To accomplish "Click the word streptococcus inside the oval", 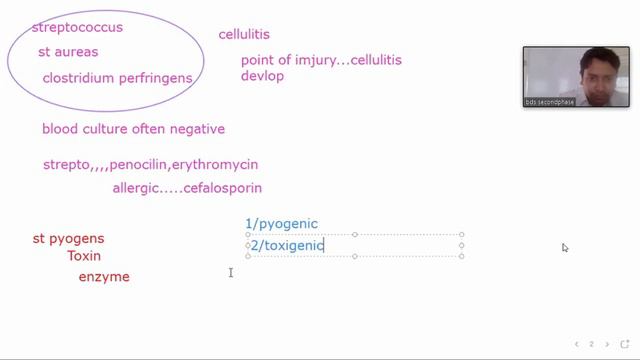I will click(77, 27).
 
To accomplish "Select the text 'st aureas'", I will click(68, 52).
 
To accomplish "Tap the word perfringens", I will click(156, 77).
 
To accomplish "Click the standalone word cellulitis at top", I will click(244, 36).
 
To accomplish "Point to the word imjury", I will click(310, 60).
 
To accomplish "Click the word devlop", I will click(263, 76).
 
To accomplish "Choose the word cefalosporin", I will click(223, 188).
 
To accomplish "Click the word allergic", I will click(136, 188).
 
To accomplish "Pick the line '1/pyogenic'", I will click(281, 223).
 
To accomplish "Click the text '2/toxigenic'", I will click(285, 245).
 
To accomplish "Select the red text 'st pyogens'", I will click(69, 238).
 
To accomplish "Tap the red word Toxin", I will click(85, 256).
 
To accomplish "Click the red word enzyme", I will click(104, 276).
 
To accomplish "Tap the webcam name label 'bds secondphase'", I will click(550, 102).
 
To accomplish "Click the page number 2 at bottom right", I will click(591, 344).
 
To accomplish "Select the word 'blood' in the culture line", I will click(59, 129).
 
